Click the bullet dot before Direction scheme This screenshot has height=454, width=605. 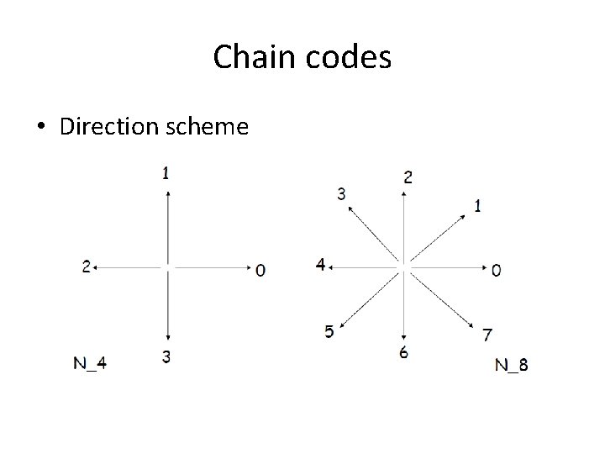point(40,127)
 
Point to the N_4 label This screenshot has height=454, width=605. point(90,363)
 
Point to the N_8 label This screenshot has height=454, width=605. point(512,365)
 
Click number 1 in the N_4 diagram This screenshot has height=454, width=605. point(166,173)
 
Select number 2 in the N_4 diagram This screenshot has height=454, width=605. point(86,267)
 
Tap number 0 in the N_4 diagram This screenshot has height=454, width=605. point(260,270)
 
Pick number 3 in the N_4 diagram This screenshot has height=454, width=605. point(166,357)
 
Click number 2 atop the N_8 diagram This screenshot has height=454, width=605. point(408,177)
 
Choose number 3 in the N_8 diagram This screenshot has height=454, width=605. point(341,194)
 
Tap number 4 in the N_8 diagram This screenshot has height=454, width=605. point(320,265)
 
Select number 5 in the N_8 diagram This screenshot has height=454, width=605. point(329,331)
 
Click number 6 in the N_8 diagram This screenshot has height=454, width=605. point(404,353)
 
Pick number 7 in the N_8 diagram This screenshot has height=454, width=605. point(487,335)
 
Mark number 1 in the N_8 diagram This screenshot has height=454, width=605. point(477,205)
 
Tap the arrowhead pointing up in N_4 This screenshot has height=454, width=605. point(168,194)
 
